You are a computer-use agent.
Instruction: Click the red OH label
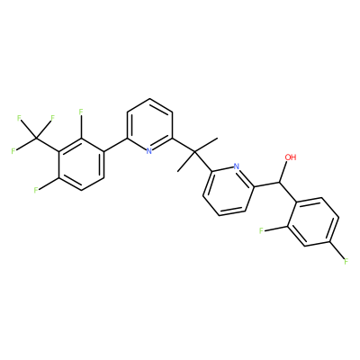click(x=291, y=157)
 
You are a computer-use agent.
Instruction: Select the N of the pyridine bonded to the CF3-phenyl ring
click(x=149, y=151)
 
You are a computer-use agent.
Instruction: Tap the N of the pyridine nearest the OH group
click(x=236, y=166)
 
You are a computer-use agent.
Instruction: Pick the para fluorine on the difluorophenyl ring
click(x=346, y=262)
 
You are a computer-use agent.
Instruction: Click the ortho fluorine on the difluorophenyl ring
click(x=261, y=230)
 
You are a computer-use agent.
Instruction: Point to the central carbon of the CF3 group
click(x=37, y=139)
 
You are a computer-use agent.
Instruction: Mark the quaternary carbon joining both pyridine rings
click(x=194, y=153)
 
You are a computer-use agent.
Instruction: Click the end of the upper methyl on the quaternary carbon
click(x=217, y=139)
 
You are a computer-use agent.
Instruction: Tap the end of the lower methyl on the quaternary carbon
click(x=178, y=172)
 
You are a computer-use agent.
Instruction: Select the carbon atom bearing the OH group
click(x=280, y=183)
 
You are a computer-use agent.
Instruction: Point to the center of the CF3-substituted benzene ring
click(x=81, y=165)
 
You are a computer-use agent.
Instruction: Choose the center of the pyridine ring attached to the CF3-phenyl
click(x=149, y=125)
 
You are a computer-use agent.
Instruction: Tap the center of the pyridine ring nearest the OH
click(x=229, y=191)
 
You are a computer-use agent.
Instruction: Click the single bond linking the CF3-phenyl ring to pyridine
click(x=115, y=146)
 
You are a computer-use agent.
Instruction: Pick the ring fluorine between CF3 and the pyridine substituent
click(x=80, y=112)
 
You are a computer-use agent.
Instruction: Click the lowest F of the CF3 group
click(x=13, y=150)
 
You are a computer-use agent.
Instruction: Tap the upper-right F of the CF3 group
click(x=52, y=118)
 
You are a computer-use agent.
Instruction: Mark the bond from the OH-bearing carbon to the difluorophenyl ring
click(x=288, y=192)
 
